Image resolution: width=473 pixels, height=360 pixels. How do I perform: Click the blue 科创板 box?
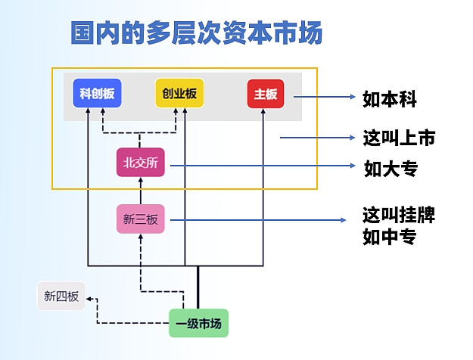[x=97, y=94]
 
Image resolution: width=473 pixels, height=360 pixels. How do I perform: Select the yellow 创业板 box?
[x=179, y=94]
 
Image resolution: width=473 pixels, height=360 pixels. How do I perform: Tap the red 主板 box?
[x=265, y=95]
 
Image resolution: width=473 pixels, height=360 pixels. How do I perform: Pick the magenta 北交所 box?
[x=140, y=163]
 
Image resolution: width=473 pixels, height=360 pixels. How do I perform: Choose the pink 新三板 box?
[x=140, y=219]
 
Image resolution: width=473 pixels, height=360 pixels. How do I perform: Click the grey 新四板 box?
[x=61, y=296]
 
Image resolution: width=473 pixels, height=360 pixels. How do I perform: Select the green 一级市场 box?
[x=198, y=324]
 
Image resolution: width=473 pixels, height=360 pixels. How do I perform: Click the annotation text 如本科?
[x=390, y=98]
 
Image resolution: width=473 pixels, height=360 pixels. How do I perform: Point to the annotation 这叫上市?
[x=398, y=138]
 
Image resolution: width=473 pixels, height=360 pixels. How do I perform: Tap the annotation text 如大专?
[x=390, y=168]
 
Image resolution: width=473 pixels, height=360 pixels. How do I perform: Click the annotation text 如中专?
[x=390, y=238]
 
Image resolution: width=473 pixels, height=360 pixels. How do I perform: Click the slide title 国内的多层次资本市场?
[x=197, y=33]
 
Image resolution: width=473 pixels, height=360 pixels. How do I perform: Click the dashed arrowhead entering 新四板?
[x=89, y=299]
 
